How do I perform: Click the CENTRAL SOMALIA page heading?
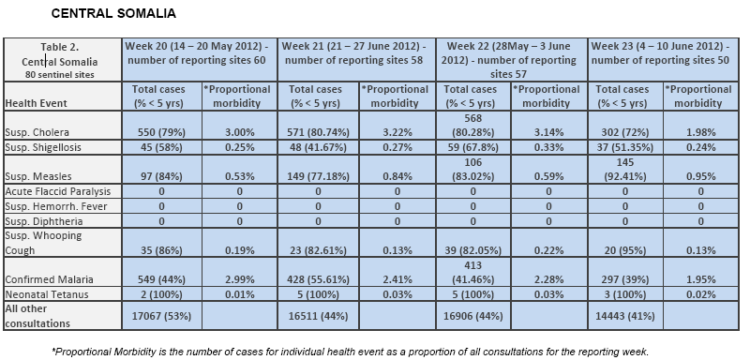coord(113,13)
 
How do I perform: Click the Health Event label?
coord(36,103)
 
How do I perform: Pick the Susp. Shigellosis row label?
coord(43,147)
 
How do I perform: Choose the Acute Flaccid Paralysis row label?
coord(57,191)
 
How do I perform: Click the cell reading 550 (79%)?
coord(161,132)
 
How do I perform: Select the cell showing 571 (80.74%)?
coord(318,132)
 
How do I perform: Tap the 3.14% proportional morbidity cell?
coord(548,132)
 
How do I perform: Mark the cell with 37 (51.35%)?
coord(624,147)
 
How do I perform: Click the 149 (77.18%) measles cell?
coord(318,177)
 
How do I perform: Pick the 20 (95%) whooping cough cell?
coord(624,250)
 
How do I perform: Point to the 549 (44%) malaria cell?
coord(161,279)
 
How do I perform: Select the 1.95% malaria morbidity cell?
coord(700,279)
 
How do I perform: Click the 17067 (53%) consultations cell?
coord(161,316)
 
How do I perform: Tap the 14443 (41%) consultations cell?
coord(624,316)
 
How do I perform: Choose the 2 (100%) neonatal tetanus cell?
coord(161,294)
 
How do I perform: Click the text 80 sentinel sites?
coord(60,75)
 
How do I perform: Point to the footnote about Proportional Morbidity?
coord(350,352)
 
